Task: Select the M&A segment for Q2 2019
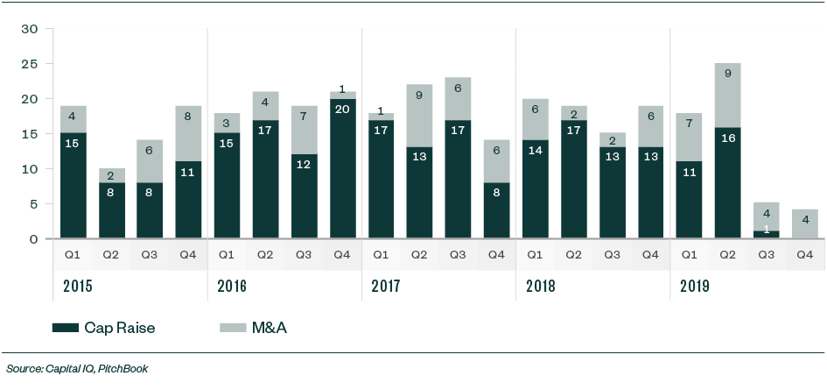pyautogui.click(x=728, y=95)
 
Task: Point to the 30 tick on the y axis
pyautogui.click(x=30, y=29)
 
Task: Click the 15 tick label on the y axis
pyautogui.click(x=30, y=134)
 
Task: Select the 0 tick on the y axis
pyautogui.click(x=33, y=239)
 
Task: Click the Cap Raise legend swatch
pyautogui.click(x=65, y=328)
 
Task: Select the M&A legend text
pyautogui.click(x=270, y=328)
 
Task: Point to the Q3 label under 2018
pyautogui.click(x=613, y=255)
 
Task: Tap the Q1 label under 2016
pyautogui.click(x=227, y=255)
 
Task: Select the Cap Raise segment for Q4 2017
pyautogui.click(x=497, y=210)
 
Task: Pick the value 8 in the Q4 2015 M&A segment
pyautogui.click(x=188, y=114)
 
